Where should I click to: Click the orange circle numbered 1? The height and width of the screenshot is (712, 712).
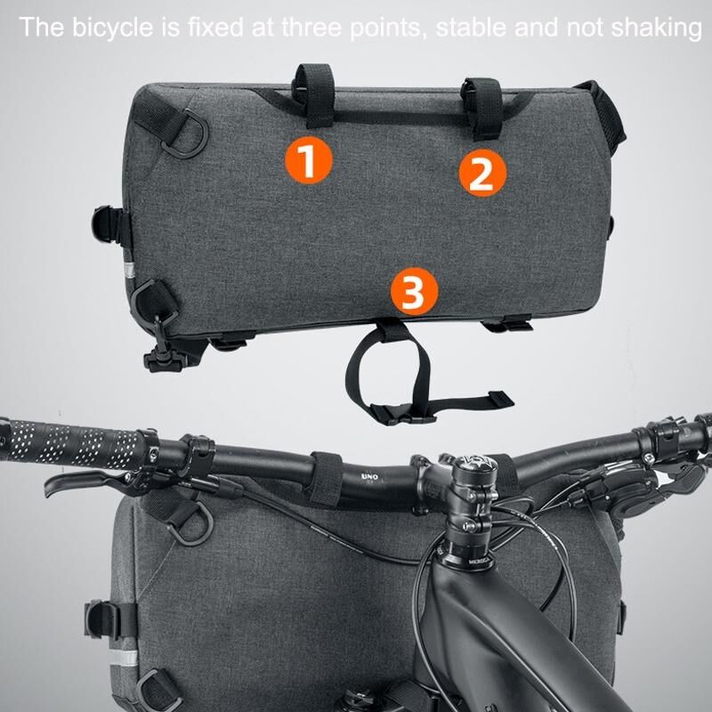coord(309,160)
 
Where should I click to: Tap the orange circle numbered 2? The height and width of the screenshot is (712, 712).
coord(482,173)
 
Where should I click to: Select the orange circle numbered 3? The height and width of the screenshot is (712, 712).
coord(414,291)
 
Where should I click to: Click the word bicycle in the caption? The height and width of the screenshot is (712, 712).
coord(113,28)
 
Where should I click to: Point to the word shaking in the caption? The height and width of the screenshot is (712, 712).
coord(656,28)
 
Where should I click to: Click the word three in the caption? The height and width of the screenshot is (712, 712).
coord(311,28)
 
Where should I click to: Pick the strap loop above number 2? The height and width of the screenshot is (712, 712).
coord(482,108)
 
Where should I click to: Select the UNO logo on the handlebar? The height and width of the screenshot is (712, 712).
coord(369,476)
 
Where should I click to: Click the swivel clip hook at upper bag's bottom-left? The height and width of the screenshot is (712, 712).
coord(164,349)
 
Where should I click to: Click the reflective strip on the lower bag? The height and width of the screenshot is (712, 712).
coord(122,659)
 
